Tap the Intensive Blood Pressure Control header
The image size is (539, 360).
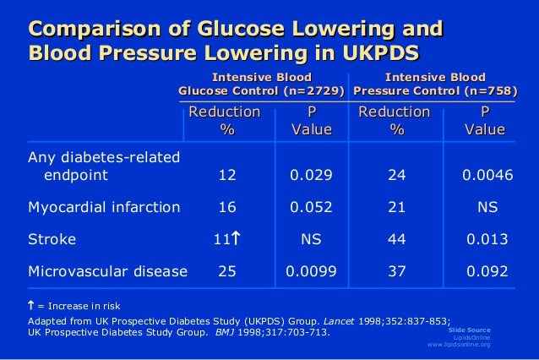(436, 85)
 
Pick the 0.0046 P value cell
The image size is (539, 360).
(484, 177)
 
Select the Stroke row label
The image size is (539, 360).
(52, 240)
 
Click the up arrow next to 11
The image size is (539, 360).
(237, 240)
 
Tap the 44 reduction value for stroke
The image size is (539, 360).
(395, 240)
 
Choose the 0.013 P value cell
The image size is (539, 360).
(484, 240)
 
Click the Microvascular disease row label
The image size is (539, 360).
(107, 271)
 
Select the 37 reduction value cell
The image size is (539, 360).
(395, 271)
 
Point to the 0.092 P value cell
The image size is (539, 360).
(484, 271)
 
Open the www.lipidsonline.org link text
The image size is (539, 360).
(459, 345)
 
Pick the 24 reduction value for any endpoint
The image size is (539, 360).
(395, 177)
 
